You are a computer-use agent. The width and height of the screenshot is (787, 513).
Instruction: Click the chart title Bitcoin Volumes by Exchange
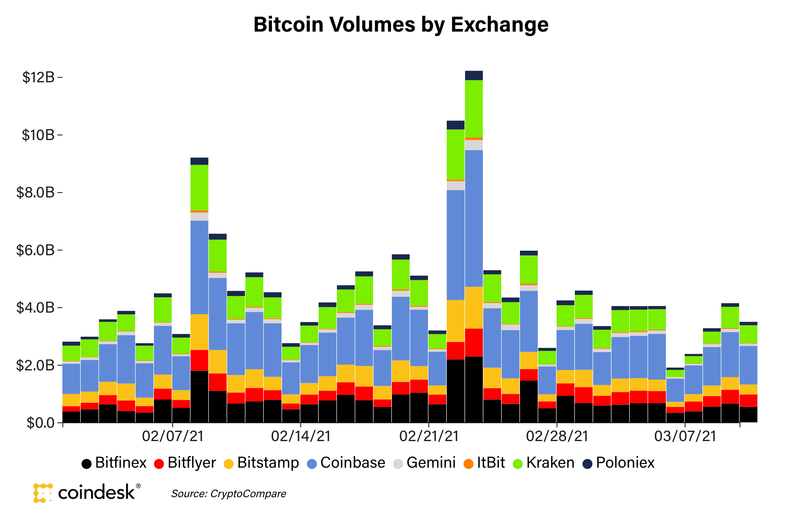401,25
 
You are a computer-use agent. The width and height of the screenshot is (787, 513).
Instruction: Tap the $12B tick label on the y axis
38,77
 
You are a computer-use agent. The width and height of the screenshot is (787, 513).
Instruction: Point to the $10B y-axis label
38,135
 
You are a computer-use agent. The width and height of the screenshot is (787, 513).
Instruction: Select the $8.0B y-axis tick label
35,192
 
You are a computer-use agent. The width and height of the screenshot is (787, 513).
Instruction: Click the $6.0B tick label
35,250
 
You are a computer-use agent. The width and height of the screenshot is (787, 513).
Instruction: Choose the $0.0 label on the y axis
40,423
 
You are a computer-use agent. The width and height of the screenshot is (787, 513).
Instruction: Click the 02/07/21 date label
173,436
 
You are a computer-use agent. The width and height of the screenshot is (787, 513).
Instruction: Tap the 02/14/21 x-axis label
301,436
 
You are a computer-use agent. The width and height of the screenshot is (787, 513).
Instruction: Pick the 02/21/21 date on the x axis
429,436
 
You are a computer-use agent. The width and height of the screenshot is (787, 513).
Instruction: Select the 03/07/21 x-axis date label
685,436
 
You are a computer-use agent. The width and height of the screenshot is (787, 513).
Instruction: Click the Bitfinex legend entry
114,463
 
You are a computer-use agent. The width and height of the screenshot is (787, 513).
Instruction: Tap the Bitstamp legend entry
261,463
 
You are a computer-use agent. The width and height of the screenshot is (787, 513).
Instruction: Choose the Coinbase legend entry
346,463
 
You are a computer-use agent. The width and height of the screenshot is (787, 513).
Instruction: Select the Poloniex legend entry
619,463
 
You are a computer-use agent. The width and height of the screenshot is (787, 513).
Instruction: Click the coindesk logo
87,493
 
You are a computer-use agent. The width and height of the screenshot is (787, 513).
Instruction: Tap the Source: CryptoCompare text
228,494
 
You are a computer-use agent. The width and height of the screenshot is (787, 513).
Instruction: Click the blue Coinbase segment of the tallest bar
474,218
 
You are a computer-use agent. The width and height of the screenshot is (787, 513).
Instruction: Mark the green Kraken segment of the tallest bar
474,109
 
